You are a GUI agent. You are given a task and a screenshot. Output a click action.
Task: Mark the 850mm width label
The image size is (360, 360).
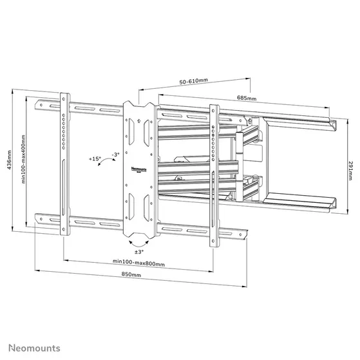(131, 275)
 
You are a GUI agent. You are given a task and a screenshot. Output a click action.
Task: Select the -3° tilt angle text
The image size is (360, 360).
(115, 155)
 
